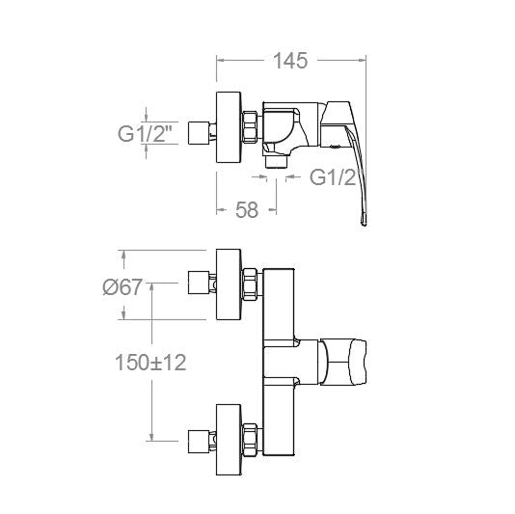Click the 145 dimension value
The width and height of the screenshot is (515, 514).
[290, 61]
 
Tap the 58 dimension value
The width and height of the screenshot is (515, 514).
[247, 210]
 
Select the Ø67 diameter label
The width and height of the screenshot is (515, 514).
[122, 286]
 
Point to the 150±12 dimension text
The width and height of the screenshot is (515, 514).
[150, 363]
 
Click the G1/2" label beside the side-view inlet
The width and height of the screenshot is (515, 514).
[146, 134]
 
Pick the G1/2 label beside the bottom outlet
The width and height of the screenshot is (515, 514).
[333, 177]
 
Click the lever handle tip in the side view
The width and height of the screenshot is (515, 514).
[364, 222]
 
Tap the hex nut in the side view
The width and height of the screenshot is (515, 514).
[250, 127]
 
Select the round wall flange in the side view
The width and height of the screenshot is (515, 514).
[229, 127]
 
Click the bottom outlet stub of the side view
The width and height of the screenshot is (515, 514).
[276, 162]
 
